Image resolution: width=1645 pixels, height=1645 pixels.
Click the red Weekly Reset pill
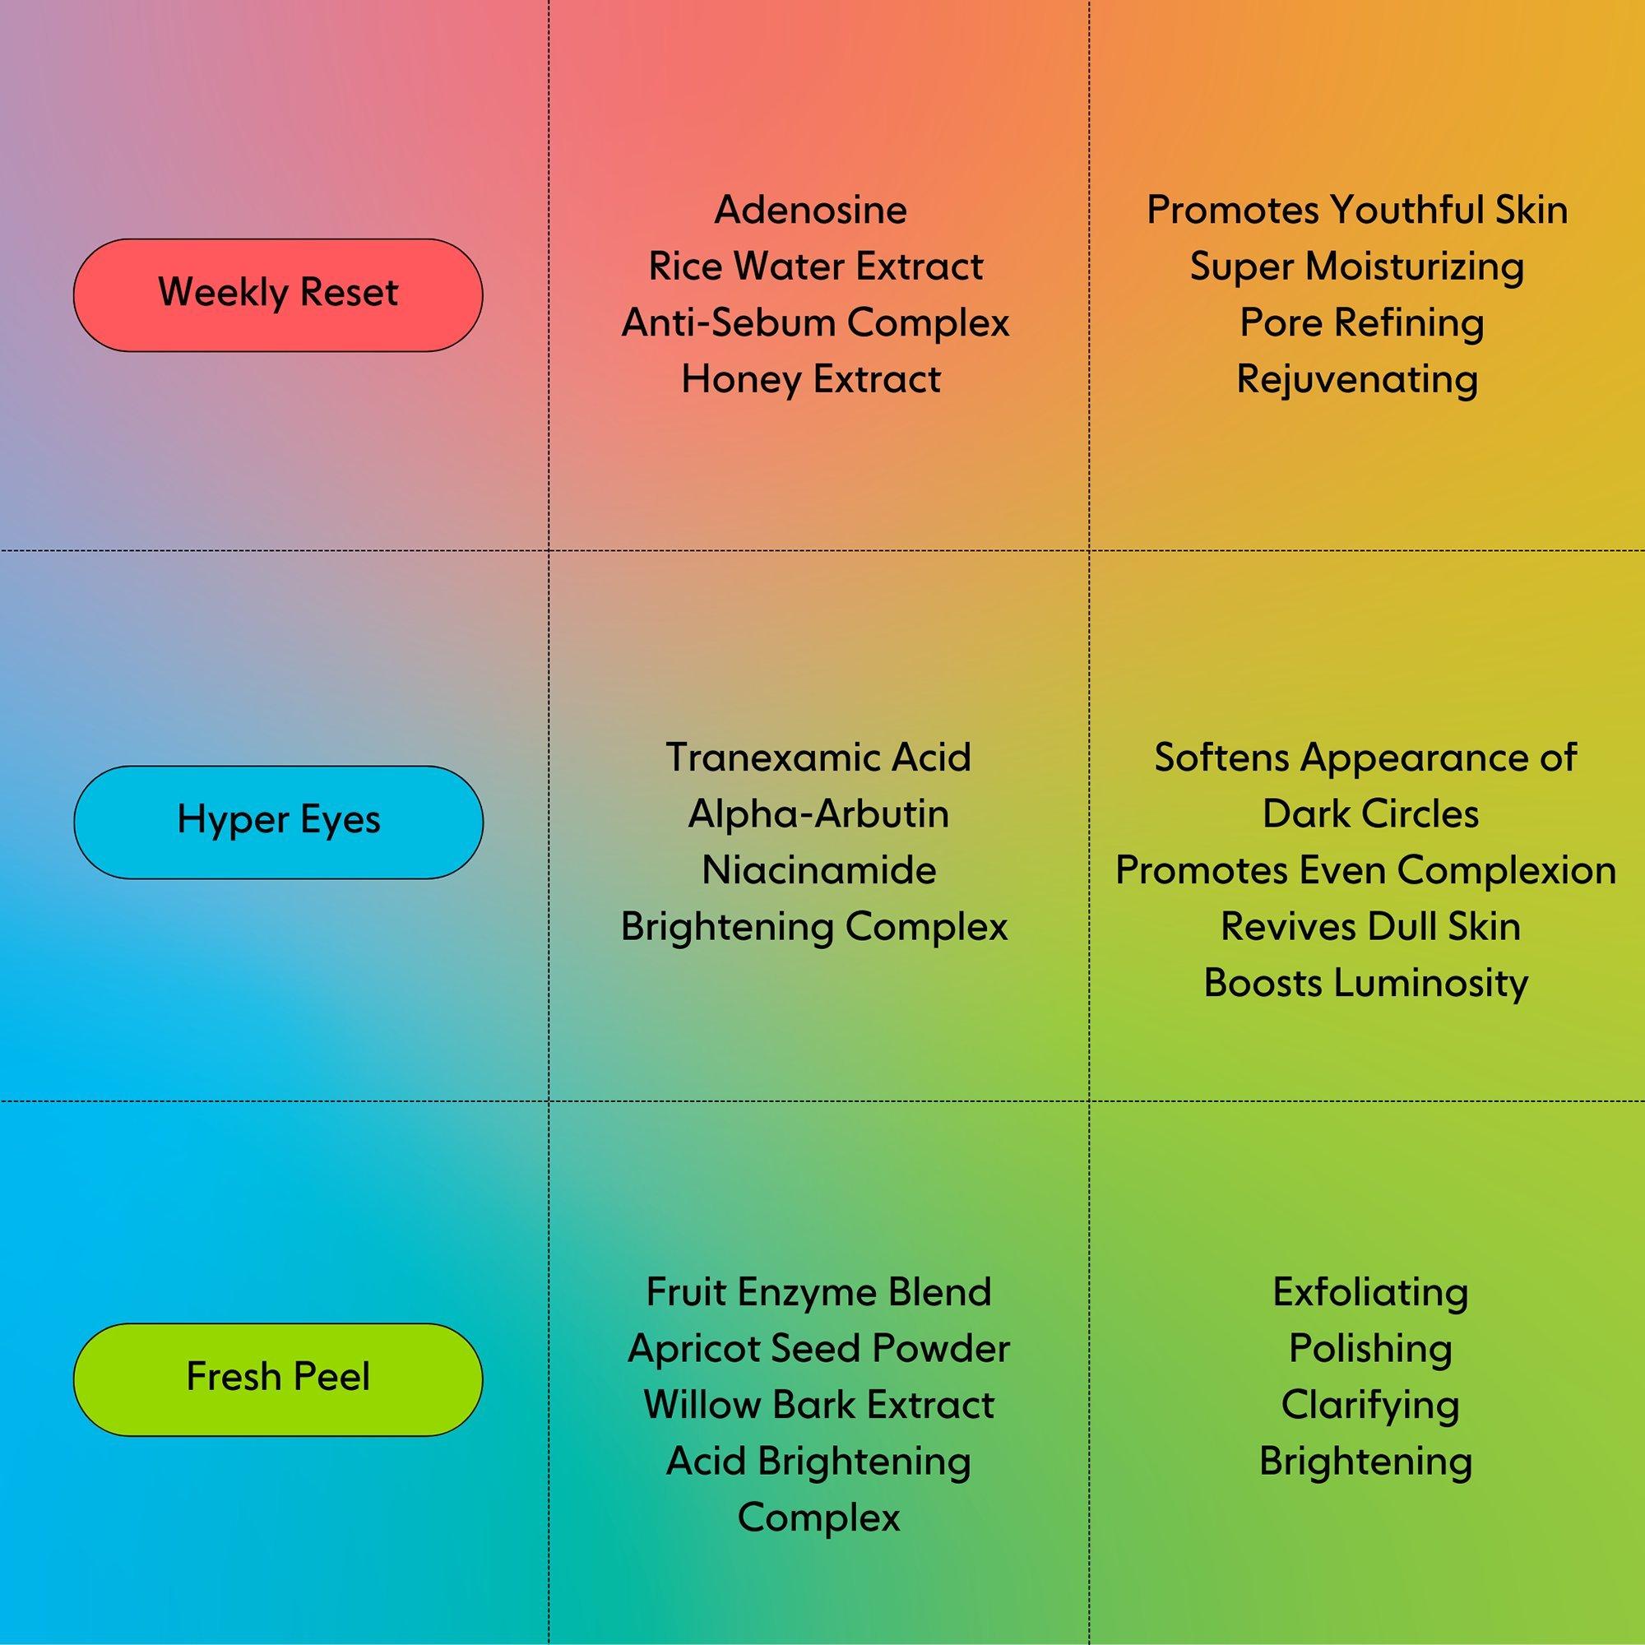[277, 294]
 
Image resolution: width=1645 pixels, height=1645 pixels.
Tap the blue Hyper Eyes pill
[277, 821]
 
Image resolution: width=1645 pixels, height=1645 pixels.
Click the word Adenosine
[811, 211]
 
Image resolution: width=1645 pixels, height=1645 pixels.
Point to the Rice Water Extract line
[816, 266]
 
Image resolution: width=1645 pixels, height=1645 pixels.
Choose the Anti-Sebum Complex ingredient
[816, 322]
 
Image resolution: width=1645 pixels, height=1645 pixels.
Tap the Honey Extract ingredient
[812, 379]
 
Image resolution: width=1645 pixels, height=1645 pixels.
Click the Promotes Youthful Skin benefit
[1357, 211]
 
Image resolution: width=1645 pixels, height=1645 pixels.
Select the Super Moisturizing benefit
[1357, 266]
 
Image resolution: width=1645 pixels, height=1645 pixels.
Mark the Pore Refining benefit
[1361, 322]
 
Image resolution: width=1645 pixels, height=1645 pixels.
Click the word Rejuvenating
[1357, 379]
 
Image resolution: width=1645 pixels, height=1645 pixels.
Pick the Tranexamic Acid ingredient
[818, 757]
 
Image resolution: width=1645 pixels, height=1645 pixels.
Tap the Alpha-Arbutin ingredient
[818, 813]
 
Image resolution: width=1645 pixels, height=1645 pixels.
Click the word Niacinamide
[818, 870]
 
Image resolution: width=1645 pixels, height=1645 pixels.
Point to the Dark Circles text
[1370, 813]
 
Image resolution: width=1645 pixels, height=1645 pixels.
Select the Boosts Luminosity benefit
[1365, 983]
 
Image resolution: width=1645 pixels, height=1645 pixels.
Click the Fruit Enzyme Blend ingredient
[818, 1291]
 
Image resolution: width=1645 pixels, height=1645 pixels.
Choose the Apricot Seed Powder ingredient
[818, 1348]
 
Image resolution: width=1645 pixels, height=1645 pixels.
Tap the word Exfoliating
[1370, 1291]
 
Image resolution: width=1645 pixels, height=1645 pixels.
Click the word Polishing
[1370, 1348]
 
